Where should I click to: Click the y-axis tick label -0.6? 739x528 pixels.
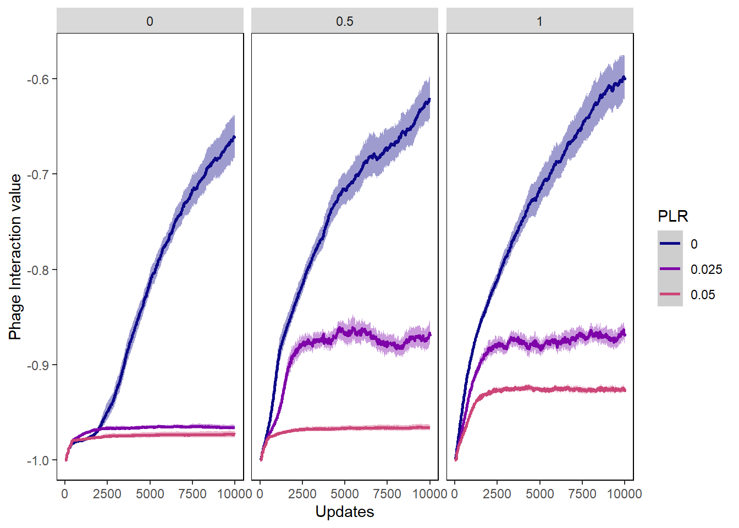point(38,79)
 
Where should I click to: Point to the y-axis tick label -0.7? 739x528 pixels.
point(38,174)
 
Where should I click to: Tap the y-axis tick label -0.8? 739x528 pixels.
point(38,270)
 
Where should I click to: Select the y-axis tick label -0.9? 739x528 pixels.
point(38,365)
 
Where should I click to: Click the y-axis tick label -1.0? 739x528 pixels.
point(38,460)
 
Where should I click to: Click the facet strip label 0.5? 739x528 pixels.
point(345,21)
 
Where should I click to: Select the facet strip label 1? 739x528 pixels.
point(539,21)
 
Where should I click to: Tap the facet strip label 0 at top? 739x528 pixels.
point(150,21)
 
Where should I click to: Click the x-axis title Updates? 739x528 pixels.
point(345,512)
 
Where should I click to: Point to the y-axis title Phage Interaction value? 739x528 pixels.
point(15,257)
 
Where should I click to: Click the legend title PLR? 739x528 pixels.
point(672,216)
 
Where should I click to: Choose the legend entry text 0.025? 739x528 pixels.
point(706,269)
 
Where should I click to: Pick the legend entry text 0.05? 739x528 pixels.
point(703,295)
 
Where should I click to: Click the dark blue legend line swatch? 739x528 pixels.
point(670,244)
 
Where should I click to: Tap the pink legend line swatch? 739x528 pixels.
point(670,294)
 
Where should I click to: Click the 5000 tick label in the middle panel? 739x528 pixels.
point(345,493)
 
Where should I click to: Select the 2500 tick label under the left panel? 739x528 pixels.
point(107,493)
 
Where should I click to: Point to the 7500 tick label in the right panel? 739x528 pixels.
point(582,493)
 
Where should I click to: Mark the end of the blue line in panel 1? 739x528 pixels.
point(625,79)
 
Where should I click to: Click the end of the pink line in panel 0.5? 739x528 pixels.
point(429,427)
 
